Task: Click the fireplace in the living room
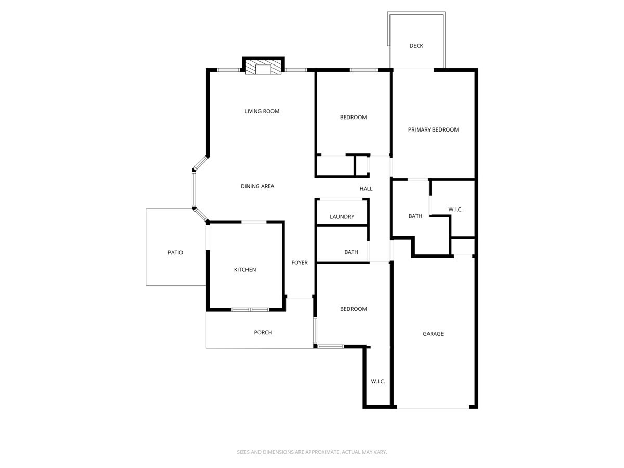263,68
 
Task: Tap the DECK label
416,46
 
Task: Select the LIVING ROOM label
262,111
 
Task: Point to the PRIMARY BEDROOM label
433,129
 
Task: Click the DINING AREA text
257,186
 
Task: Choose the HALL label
366,189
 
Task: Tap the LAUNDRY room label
342,217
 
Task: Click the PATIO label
175,252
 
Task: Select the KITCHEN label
245,270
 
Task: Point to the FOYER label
300,263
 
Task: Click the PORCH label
263,333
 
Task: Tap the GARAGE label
433,334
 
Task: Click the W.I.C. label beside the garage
378,382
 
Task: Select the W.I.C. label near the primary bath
456,210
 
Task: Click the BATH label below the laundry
351,252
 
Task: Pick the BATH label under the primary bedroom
415,216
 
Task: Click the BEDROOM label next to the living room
353,118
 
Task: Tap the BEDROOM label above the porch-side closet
353,309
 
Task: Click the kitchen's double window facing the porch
250,310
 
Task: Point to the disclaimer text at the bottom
312,452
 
